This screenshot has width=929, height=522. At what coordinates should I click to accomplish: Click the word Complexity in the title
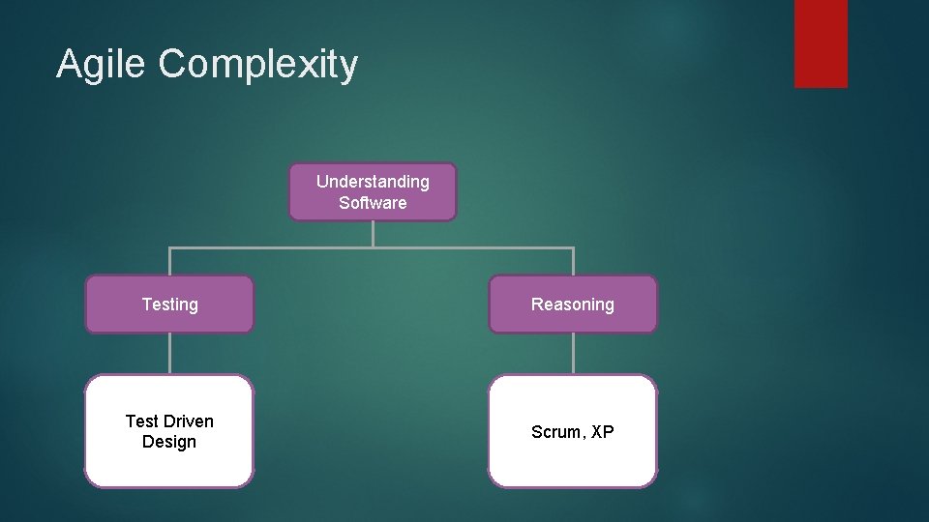257,65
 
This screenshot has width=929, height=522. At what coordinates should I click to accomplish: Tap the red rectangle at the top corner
821,43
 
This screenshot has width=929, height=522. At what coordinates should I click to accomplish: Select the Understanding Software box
373,191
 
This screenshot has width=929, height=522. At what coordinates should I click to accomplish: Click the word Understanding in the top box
373,182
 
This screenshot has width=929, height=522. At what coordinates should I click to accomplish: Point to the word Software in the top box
373,203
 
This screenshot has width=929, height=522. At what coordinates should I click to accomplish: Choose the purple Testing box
169,304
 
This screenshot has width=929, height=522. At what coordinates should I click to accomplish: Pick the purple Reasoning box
572,304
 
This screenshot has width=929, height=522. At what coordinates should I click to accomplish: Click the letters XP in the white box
602,432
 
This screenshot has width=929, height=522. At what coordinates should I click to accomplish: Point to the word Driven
189,421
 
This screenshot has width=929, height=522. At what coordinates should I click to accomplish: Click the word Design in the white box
169,442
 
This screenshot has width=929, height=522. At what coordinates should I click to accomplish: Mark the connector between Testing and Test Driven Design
170,354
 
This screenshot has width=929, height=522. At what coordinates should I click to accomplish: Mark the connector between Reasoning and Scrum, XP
573,354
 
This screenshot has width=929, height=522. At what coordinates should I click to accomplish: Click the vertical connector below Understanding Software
373,234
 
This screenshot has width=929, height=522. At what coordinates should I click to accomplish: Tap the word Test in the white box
141,421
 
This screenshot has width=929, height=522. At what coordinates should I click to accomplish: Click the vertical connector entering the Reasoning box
573,262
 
